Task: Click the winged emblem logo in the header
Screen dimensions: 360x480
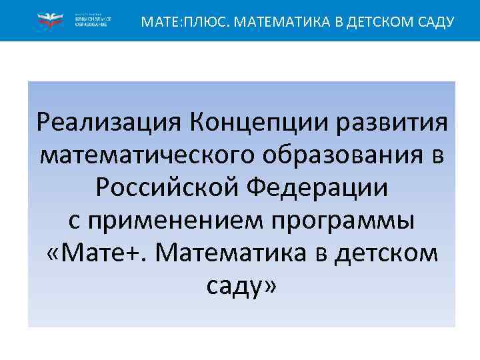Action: click(x=49, y=21)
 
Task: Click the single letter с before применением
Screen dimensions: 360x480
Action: click(x=73, y=221)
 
